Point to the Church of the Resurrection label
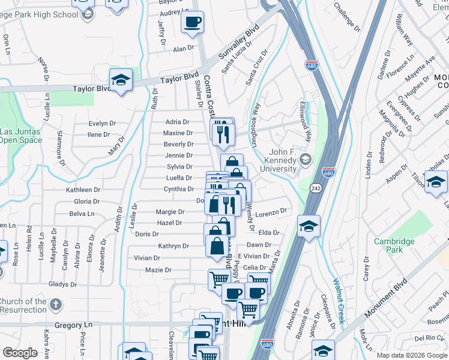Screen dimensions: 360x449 pyautogui.click(x=23, y=305)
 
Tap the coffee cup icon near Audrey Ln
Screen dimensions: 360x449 pyautogui.click(x=192, y=23)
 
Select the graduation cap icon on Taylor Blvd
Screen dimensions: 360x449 pyautogui.click(x=121, y=80)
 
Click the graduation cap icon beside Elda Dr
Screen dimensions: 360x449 pyautogui.click(x=309, y=226)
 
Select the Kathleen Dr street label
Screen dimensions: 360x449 pyautogui.click(x=83, y=190)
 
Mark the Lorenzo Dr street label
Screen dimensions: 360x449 pyautogui.click(x=272, y=212)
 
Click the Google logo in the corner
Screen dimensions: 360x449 pyautogui.click(x=19, y=353)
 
